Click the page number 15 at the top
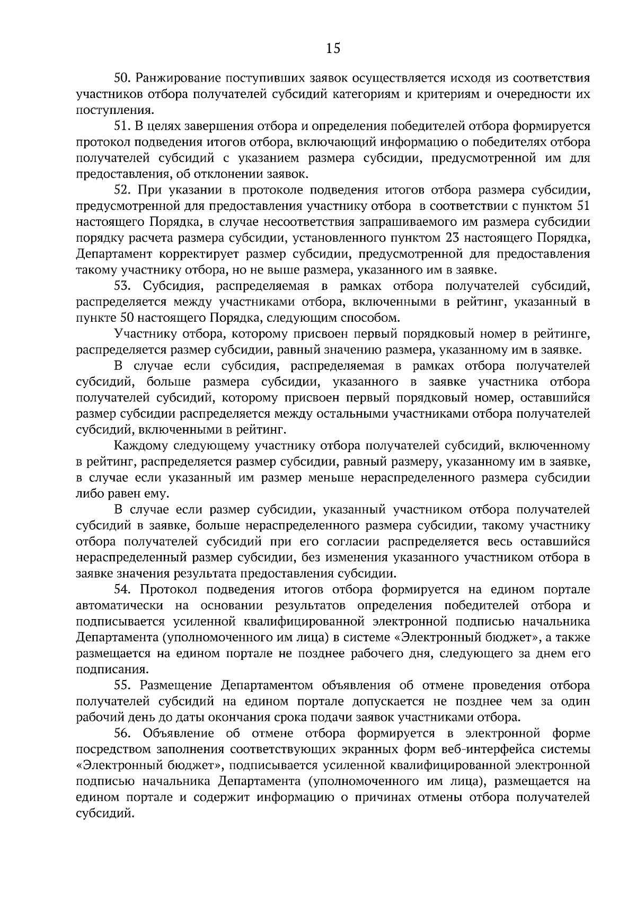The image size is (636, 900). click(x=332, y=48)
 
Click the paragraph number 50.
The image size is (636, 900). click(x=122, y=78)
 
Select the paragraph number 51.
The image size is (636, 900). click(x=122, y=126)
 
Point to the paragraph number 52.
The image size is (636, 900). click(x=122, y=190)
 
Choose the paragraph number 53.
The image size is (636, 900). click(x=122, y=286)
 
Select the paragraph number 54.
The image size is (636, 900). click(x=122, y=589)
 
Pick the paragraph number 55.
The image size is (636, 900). click(x=122, y=685)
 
